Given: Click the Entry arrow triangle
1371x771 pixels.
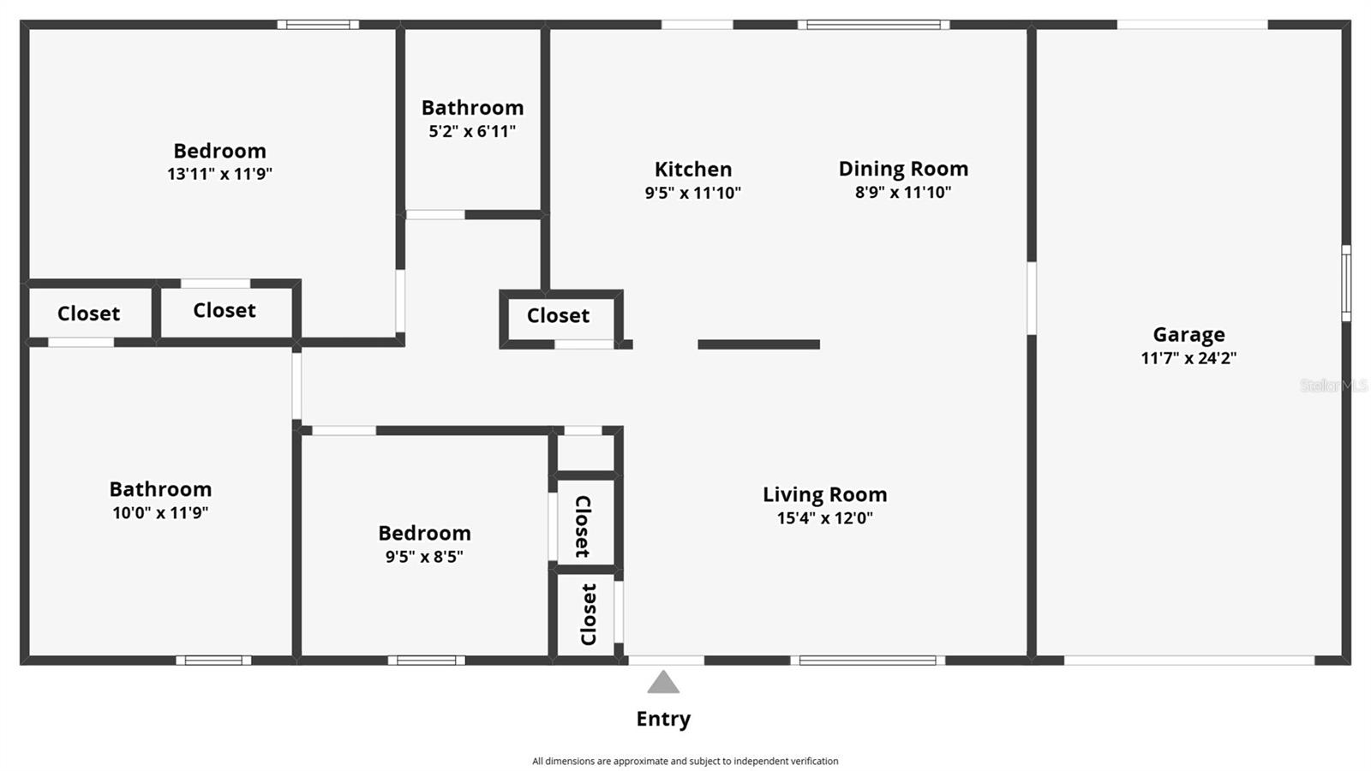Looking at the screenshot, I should pos(663,683).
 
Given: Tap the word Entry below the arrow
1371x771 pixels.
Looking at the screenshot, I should pos(663,719).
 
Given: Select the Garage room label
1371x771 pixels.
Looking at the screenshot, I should pos(1188,335).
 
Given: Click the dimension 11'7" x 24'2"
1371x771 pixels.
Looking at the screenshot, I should pos(1188,358).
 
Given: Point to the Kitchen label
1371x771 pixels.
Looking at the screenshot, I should pos(693,169).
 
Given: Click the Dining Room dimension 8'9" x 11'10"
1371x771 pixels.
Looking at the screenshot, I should pos(903,192).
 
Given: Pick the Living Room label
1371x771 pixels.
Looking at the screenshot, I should pos(824,494).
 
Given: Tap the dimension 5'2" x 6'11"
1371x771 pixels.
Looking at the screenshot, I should pos(472,131).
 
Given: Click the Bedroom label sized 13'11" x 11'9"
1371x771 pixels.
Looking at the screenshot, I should pos(219,151).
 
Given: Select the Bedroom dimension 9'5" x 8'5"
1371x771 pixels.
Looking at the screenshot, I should pos(424,556).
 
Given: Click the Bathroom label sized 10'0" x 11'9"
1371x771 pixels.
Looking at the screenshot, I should pos(160,489).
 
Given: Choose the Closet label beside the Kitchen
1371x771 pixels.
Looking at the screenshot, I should pos(558,315).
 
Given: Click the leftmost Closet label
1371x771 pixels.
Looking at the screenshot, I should pos(88,314).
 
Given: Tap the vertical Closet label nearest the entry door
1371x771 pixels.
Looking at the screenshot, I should pos(588,614).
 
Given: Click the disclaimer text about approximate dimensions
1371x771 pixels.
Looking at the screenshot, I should pos(685,761).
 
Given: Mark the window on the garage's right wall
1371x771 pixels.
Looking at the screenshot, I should pos(1345,283).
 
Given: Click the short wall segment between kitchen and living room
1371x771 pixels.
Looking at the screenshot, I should pos(758,344).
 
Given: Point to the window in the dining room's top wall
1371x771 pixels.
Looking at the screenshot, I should pos(874,25).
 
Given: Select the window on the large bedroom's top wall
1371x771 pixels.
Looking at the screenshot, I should pos(318,25).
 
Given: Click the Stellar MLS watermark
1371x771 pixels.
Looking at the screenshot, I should pos(1333,385).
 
